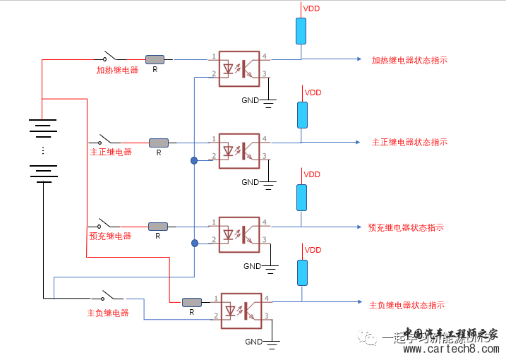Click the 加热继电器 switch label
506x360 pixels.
click(118, 70)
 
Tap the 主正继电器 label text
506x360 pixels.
click(111, 152)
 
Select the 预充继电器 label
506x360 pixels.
click(110, 236)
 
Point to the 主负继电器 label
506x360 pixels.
click(108, 313)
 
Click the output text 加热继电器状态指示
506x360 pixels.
click(409, 60)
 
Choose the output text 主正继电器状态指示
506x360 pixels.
click(409, 142)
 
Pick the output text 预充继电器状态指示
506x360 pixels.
click(406, 227)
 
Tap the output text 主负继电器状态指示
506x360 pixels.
click(406, 305)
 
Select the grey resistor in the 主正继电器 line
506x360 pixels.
click(158, 143)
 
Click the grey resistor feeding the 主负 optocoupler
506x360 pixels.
click(191, 302)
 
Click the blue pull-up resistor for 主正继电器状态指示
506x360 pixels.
click(302, 115)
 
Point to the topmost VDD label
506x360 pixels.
click(311, 8)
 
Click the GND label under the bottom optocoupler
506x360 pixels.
click(253, 342)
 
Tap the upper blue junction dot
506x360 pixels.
click(193, 161)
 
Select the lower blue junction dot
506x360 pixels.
click(193, 244)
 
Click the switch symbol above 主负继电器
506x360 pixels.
click(108, 295)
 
